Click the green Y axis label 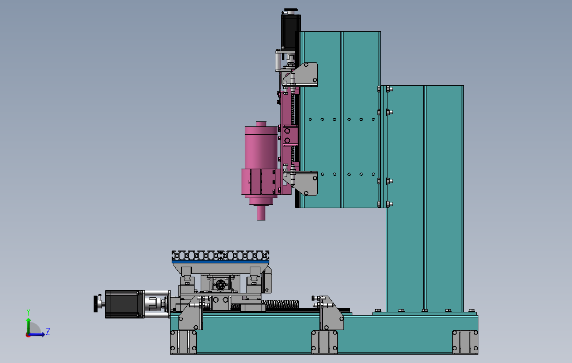tap(28, 312)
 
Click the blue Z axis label tap(48, 332)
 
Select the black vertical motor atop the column tap(291, 31)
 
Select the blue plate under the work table tap(220, 261)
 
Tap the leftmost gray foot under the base tap(183, 342)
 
